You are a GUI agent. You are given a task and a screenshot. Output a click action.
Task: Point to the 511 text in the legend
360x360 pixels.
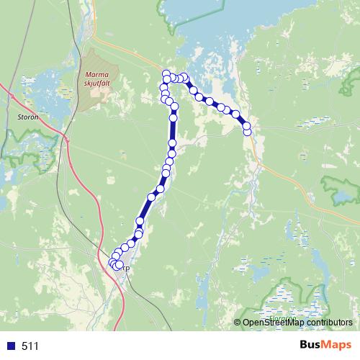30,346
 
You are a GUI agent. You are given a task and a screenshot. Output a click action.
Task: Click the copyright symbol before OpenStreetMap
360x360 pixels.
238,323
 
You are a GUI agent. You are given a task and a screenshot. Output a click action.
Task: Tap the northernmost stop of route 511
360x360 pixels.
166,72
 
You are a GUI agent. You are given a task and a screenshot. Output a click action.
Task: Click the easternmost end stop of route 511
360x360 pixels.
248,131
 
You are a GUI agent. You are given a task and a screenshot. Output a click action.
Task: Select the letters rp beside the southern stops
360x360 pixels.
127,269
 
